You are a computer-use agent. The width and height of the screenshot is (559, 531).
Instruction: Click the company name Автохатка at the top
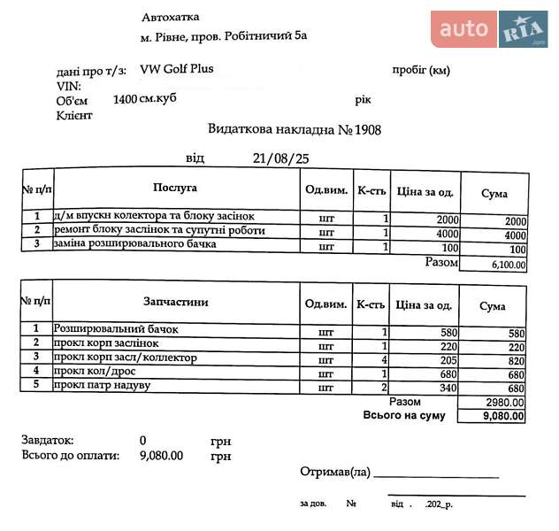pos(170,17)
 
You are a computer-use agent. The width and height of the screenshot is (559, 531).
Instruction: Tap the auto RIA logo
pos(489,29)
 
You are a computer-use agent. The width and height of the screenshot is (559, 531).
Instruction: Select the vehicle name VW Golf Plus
pos(176,69)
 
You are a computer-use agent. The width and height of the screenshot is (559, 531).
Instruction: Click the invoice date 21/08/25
pos(280,158)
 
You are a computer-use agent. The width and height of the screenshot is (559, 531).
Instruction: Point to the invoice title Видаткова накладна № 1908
pos(295,129)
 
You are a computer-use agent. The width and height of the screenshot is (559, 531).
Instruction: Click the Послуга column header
pos(174,189)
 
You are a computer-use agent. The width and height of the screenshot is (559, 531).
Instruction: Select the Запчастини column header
pos(174,302)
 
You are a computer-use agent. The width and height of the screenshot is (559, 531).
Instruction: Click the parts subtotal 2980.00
pos(505,402)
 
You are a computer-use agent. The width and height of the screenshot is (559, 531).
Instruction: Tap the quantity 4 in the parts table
pos(385,359)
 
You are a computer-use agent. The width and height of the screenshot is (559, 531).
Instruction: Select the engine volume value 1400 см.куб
pos(145,99)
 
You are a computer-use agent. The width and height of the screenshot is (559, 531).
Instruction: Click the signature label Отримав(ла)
pos(334,472)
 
